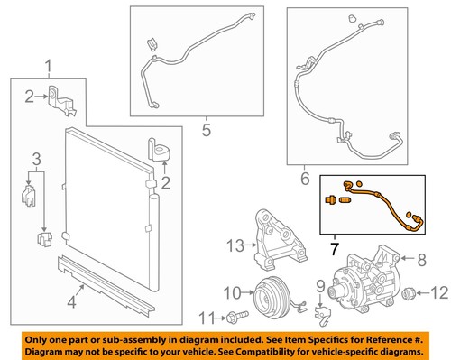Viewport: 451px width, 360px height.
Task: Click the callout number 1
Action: click(x=49, y=64)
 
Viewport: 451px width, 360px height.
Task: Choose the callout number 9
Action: click(x=319, y=288)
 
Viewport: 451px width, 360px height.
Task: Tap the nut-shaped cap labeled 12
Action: click(x=410, y=292)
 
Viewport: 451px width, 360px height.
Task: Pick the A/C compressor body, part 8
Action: click(x=365, y=279)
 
